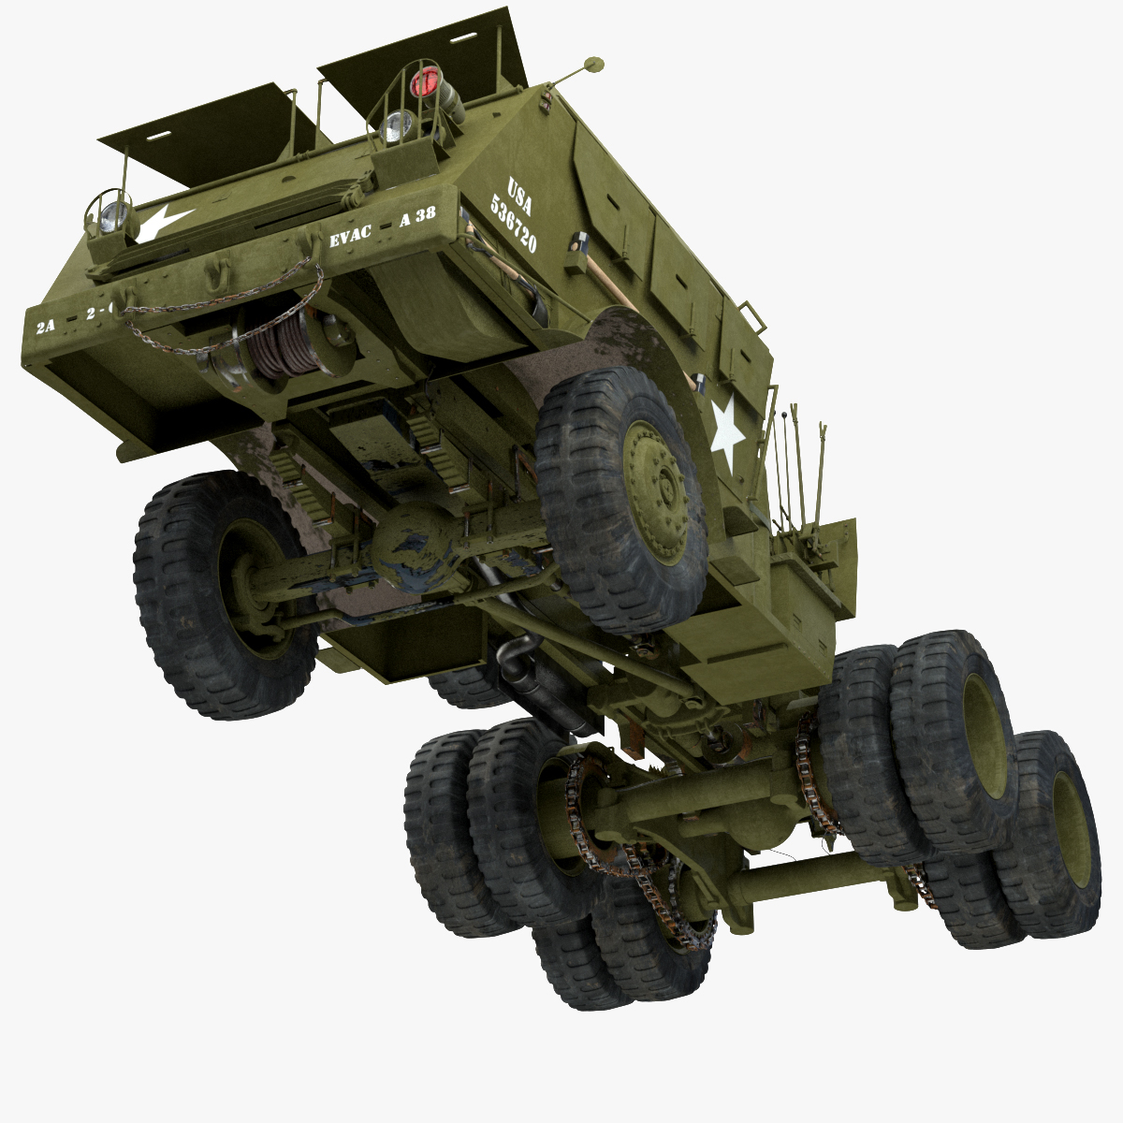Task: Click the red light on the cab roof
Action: click(426, 82)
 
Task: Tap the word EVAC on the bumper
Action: click(350, 237)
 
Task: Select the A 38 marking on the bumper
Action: click(417, 216)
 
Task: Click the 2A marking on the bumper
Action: click(46, 327)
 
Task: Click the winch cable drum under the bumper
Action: click(281, 343)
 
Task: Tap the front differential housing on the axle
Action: click(416, 552)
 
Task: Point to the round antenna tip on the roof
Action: click(591, 65)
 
